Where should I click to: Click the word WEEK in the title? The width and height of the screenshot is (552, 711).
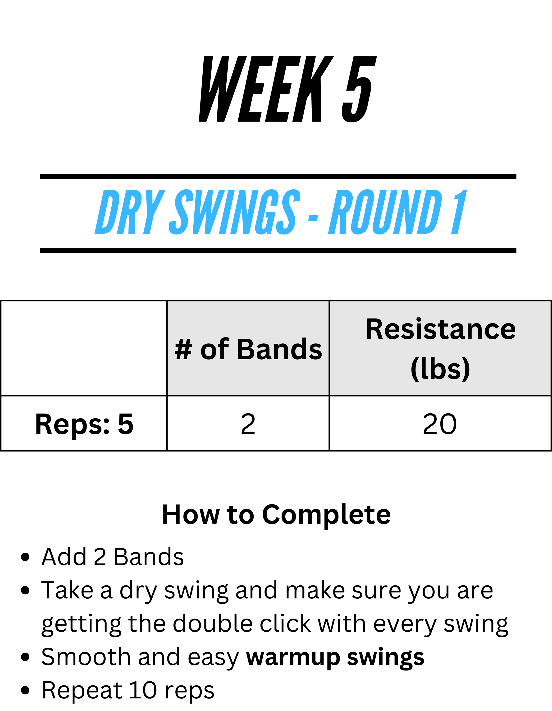coord(266,89)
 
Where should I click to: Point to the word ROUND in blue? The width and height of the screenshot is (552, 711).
coord(385,212)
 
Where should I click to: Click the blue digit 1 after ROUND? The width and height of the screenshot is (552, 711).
coord(459,212)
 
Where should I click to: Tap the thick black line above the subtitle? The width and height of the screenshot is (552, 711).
coord(278,177)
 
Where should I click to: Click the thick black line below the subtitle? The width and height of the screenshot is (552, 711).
coord(278,250)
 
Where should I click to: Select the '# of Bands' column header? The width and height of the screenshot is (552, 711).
coord(248,349)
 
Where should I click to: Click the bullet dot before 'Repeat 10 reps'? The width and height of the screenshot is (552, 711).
coord(25,690)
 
